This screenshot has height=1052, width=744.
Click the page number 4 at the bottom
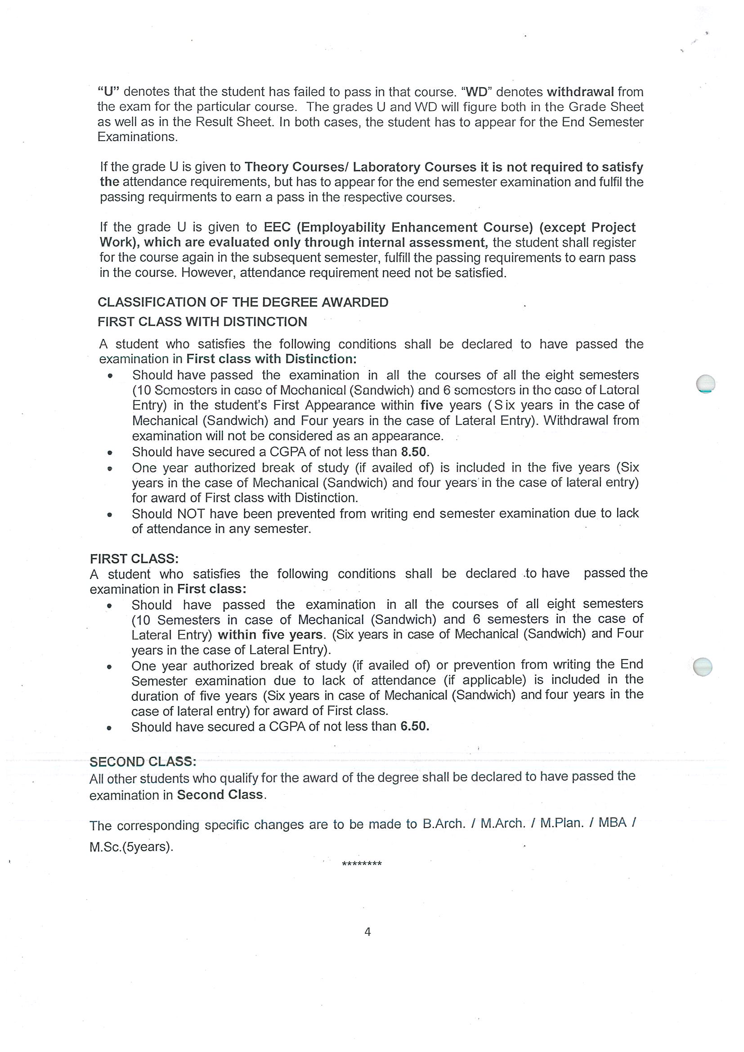367,932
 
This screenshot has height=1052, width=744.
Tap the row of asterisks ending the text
362,864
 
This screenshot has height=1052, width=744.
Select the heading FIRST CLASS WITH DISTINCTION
202,321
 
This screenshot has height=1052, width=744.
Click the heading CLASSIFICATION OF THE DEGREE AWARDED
243,303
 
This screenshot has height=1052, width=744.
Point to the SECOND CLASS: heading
143,762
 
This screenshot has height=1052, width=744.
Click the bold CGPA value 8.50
413,452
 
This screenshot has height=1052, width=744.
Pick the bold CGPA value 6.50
414,726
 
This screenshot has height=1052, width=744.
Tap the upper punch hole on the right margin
705,383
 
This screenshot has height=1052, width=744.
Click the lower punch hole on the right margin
703,667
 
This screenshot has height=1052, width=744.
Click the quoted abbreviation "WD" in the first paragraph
476,92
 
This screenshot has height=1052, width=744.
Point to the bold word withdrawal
580,92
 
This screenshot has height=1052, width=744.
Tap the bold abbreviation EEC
277,227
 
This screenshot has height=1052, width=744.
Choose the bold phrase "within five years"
270,635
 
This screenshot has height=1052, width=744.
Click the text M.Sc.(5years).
131,847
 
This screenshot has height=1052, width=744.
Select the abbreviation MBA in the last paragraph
613,822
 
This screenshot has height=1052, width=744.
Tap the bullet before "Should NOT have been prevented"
109,515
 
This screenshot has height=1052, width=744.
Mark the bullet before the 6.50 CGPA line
109,727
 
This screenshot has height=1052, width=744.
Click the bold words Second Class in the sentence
220,794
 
